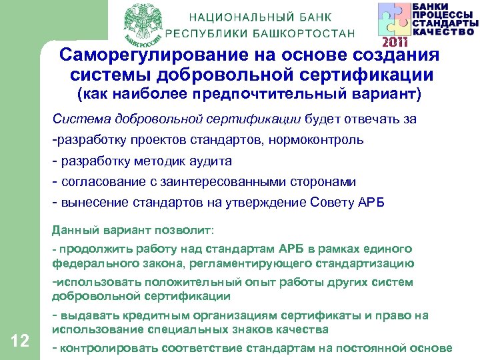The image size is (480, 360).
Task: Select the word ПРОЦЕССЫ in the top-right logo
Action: click(x=443, y=14)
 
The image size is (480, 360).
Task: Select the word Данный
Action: click(x=75, y=231)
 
